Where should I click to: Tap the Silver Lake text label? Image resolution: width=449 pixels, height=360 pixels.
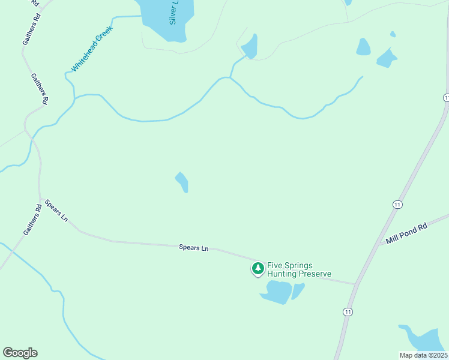tap(174, 12)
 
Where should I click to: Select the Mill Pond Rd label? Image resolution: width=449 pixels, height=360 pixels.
tap(406, 232)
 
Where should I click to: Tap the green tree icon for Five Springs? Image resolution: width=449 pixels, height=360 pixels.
tap(258, 268)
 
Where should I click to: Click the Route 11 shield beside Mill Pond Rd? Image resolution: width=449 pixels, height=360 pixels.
tap(397, 205)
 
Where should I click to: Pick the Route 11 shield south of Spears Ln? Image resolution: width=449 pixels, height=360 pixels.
tap(348, 311)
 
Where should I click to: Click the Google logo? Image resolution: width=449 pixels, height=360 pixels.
tap(20, 353)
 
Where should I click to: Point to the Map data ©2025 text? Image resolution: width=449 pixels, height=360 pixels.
tap(423, 355)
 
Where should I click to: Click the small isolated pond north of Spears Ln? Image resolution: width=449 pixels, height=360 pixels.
tap(182, 182)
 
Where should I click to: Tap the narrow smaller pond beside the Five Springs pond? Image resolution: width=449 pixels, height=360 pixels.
tap(298, 290)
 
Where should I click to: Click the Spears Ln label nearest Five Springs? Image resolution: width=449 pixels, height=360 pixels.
tap(193, 247)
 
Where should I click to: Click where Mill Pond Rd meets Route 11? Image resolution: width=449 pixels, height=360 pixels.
tap(379, 244)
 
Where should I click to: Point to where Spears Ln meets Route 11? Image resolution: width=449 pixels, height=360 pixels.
tap(356, 284)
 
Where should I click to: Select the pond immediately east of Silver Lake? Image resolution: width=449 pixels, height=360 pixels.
tap(250, 47)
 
